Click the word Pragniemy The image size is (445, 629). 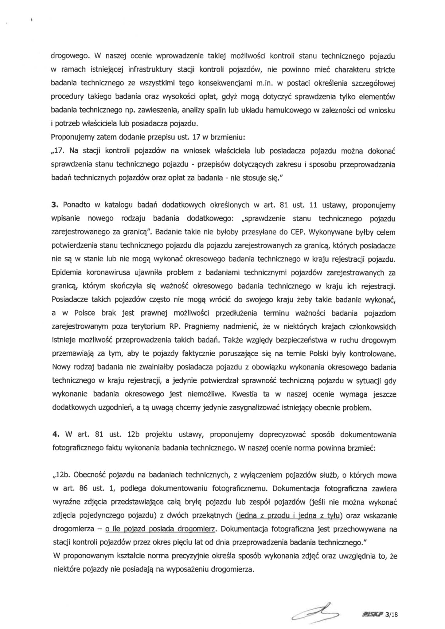[x=204, y=327]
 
